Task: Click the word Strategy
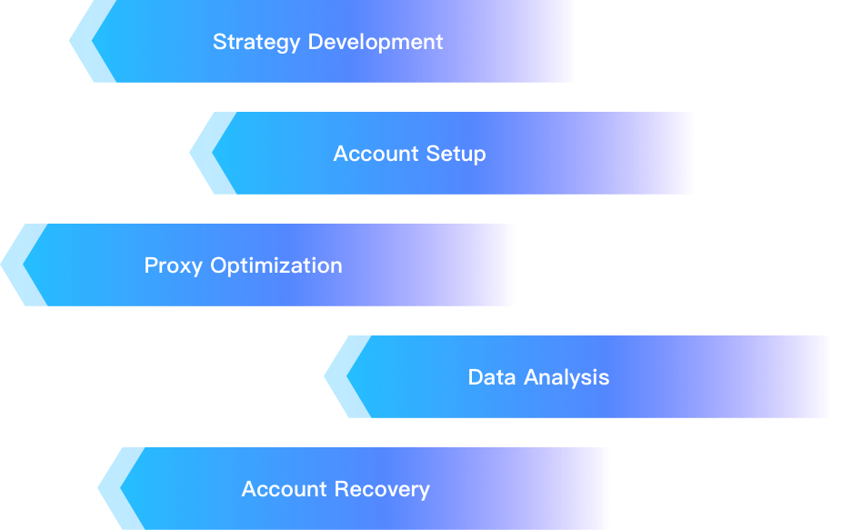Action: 256,43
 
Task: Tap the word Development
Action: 376,42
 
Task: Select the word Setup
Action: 456,155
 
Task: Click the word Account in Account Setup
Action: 376,154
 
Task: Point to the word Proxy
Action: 174,266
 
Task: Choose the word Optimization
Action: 276,266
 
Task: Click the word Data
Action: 492,377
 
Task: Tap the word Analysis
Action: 566,378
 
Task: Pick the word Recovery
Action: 382,490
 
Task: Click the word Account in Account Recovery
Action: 285,489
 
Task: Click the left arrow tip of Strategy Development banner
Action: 69,41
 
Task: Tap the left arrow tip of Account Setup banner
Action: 190,153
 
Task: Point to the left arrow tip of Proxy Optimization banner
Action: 1,265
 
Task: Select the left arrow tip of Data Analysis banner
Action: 325,376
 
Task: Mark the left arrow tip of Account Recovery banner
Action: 98,488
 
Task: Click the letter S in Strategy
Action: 219,42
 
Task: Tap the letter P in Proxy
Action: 151,265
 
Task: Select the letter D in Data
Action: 476,377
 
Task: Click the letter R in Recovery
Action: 342,489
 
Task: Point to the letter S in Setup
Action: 433,154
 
